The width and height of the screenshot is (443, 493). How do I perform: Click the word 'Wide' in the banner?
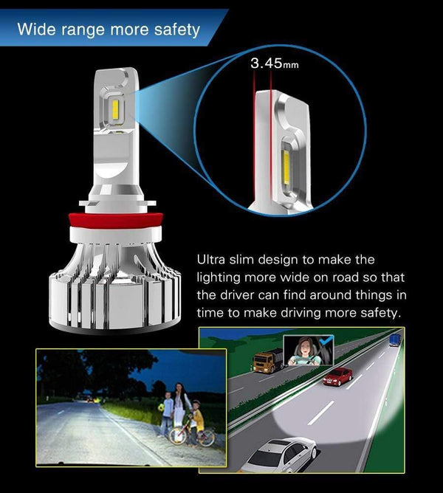(x=35, y=30)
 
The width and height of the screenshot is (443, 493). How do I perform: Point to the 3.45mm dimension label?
(x=275, y=64)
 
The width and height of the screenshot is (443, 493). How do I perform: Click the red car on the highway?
(x=337, y=376)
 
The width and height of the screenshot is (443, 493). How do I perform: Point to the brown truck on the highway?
(x=268, y=360)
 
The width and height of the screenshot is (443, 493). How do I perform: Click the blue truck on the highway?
(x=395, y=339)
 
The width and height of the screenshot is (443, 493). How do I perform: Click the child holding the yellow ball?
(x=167, y=413)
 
